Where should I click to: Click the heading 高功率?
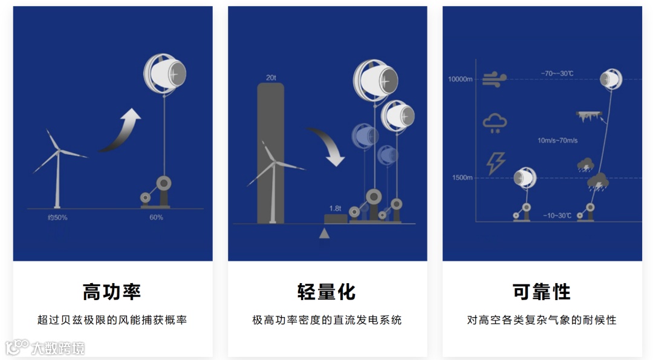pos(112,292)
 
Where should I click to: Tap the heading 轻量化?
pos(326,292)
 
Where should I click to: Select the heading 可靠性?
pos(542,292)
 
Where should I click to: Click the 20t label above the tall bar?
pos(271,77)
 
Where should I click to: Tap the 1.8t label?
pos(335,208)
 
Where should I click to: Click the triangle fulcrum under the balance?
pos(325,233)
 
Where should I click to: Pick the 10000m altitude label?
pos(460,79)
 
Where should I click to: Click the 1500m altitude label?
pos(462,177)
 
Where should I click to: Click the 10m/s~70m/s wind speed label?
pos(557,140)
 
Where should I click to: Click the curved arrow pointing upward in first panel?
pos(122,131)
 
